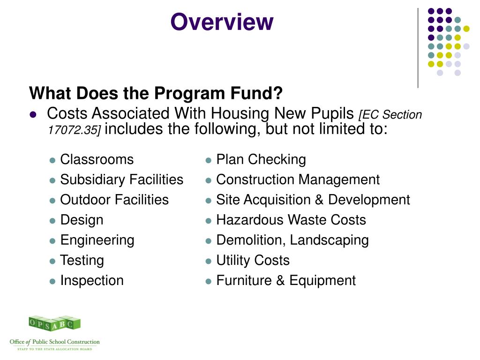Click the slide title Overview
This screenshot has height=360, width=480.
click(x=222, y=22)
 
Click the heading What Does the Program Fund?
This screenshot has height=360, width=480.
click(x=156, y=94)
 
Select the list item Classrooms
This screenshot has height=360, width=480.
click(x=97, y=159)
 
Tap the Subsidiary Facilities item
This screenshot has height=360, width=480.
click(x=122, y=180)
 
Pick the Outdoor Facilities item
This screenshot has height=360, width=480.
click(x=114, y=200)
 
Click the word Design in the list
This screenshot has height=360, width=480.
click(x=82, y=220)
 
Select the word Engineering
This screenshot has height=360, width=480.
click(x=97, y=240)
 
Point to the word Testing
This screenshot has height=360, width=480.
click(x=82, y=260)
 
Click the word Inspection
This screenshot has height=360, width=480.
click(x=92, y=280)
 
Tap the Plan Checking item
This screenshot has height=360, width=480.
click(x=261, y=159)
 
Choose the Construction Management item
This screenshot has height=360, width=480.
click(x=298, y=180)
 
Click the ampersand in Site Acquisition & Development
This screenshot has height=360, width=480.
click(x=319, y=200)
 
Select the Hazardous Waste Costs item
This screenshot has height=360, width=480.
click(x=291, y=220)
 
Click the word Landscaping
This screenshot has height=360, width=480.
click(x=329, y=240)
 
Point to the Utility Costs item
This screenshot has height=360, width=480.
click(x=253, y=260)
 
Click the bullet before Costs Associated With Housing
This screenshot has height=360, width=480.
click(x=33, y=114)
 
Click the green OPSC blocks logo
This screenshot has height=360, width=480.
click(x=54, y=323)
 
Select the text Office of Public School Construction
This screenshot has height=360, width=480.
click(x=55, y=342)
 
